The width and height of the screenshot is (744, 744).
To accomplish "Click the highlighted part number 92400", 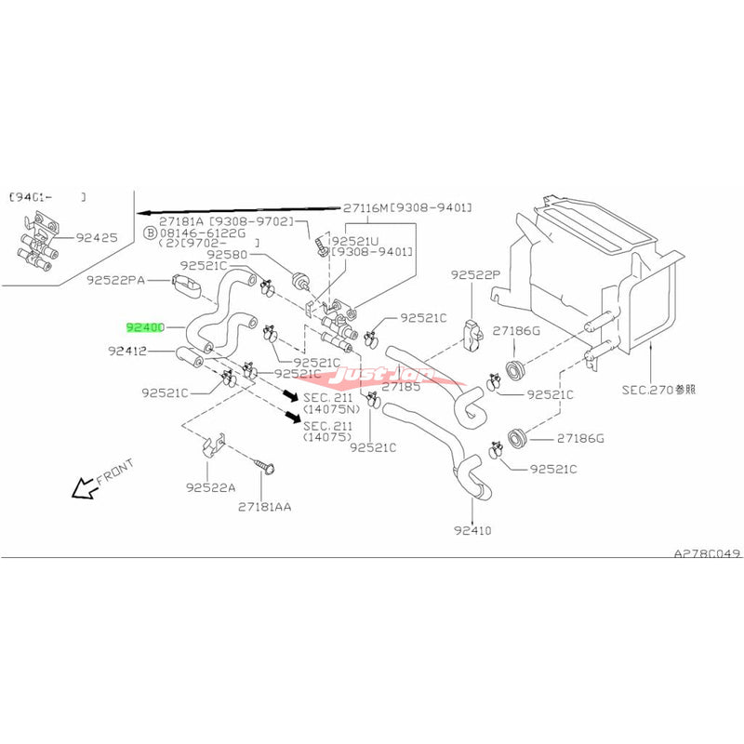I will click(146, 327).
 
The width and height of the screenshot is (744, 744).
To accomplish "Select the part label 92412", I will click(126, 352).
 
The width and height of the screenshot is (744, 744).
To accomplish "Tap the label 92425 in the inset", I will click(98, 238).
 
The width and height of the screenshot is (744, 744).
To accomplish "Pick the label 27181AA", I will click(264, 507).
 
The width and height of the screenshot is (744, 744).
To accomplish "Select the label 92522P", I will click(476, 275).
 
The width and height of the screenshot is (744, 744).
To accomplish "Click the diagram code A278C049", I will click(707, 552).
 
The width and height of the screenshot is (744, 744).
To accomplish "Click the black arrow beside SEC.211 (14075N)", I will click(290, 396).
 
